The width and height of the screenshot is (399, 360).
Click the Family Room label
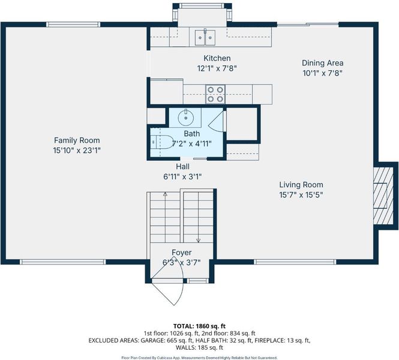77,140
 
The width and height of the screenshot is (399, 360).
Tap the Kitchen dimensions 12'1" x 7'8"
217,68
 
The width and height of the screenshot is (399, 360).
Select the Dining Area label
322,63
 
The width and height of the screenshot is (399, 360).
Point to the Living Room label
301,185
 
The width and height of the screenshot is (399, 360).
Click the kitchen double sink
205,38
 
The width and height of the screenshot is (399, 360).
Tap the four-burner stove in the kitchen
215,94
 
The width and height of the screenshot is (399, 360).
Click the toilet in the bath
161,142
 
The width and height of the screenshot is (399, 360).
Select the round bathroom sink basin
186,118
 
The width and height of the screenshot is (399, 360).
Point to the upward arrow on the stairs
166,216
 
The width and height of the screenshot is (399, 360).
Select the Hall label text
183,167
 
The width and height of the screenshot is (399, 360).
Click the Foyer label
181,253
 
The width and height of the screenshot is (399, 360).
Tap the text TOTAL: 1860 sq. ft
199,326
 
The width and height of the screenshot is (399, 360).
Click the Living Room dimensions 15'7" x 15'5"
301,195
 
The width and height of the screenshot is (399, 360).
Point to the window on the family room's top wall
73,25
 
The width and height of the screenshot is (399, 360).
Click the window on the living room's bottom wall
295,262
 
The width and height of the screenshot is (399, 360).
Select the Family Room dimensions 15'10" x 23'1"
77,151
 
